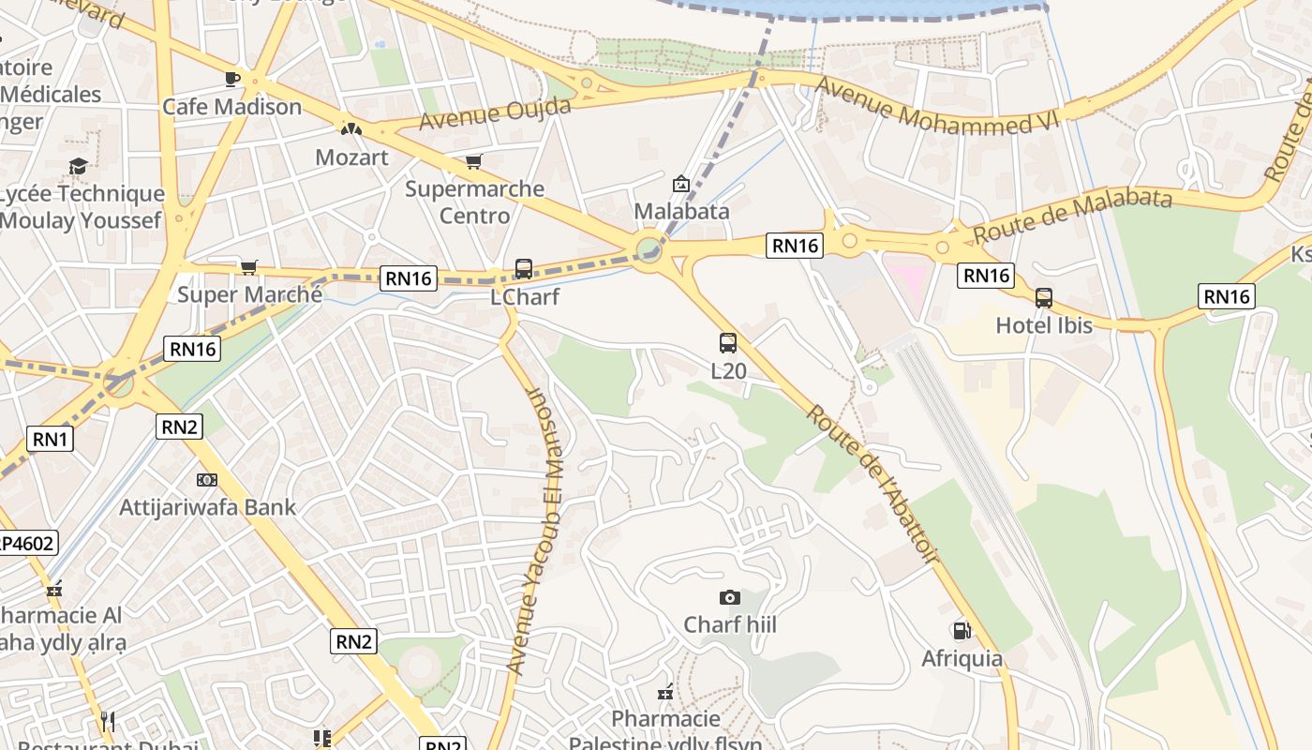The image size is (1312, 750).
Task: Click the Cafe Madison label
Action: [x=231, y=107]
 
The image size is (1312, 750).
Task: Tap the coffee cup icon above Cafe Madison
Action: [x=232, y=79]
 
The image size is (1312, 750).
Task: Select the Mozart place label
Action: [x=351, y=157]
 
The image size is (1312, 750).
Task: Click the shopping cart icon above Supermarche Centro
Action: [x=474, y=162]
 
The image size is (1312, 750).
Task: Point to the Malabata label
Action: [x=681, y=211]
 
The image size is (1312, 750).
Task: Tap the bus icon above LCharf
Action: [x=524, y=269]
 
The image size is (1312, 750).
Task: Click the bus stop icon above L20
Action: [x=728, y=343]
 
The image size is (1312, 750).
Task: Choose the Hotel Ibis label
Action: [x=1044, y=325]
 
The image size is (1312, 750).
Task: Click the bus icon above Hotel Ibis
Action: [x=1044, y=298]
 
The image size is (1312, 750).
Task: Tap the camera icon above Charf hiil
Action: [x=729, y=597]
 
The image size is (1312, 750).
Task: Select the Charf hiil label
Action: [x=730, y=624]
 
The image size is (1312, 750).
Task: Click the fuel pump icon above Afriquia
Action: [x=962, y=631]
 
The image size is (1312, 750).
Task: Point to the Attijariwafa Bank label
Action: [x=207, y=507]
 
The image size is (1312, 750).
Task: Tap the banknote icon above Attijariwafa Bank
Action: [x=207, y=480]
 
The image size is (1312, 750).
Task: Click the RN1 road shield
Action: [x=50, y=438]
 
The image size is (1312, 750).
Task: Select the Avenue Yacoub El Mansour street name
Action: [x=531, y=530]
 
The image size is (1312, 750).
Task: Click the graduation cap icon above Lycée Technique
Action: [x=78, y=167]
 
